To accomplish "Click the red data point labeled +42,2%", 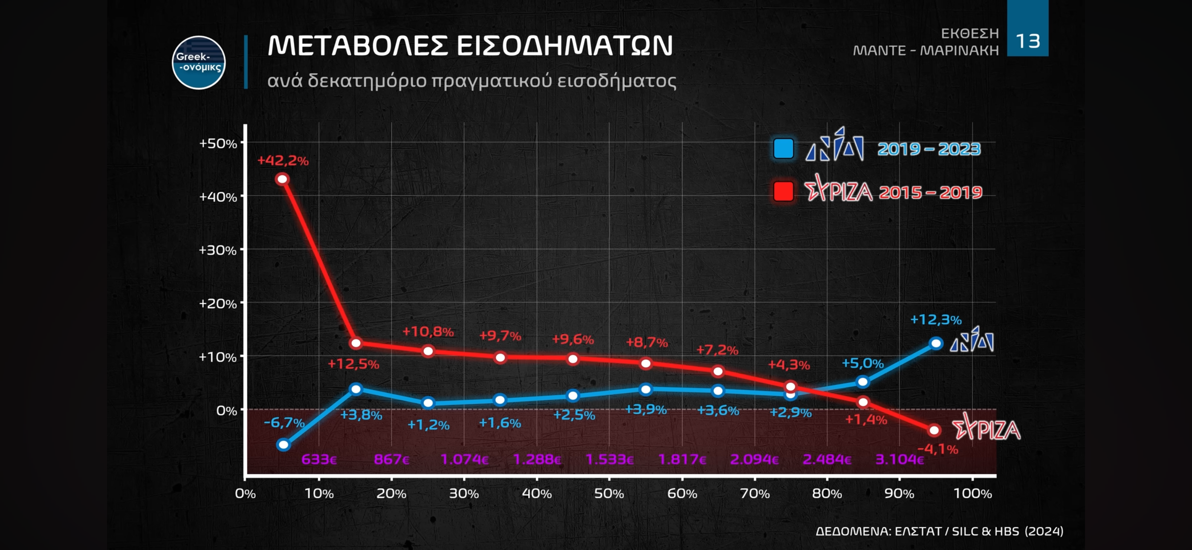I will (x=282, y=179).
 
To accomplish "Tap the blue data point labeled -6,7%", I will (x=283, y=445).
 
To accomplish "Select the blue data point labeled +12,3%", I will (x=936, y=343).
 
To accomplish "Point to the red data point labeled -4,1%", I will (x=934, y=430).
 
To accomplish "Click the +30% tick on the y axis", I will (x=217, y=250).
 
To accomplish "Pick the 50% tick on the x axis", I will (x=609, y=494).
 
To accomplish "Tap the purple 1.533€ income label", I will (x=609, y=459).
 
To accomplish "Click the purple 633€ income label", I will (x=319, y=459).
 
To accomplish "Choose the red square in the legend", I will (x=784, y=191).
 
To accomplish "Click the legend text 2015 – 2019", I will (x=930, y=192).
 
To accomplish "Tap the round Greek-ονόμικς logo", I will (x=199, y=63).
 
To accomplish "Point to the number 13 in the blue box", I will (x=1028, y=41).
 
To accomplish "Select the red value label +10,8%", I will (x=428, y=331).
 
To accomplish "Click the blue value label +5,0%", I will (x=862, y=363).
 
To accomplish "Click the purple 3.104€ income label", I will (x=900, y=459).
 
